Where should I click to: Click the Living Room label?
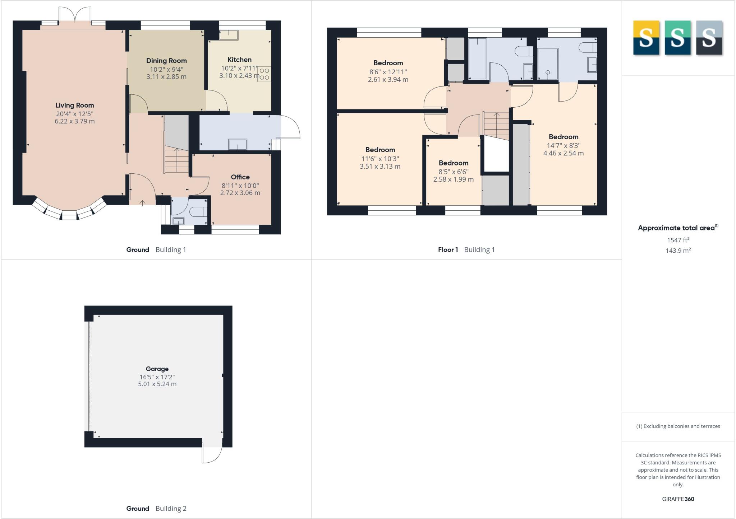(x=75, y=105)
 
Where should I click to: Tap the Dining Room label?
(x=166, y=61)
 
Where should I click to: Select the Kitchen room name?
(x=239, y=60)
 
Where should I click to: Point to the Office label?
(x=240, y=177)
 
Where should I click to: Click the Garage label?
(x=157, y=369)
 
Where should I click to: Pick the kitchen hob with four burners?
(x=264, y=74)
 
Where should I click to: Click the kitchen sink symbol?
(x=229, y=35)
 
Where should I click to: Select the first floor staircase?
(x=496, y=126)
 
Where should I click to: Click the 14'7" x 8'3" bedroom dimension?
(x=563, y=145)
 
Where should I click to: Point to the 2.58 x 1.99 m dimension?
(x=453, y=179)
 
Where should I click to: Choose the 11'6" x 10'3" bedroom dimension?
(x=380, y=158)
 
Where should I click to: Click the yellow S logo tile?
(x=646, y=38)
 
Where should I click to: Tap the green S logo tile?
(x=677, y=38)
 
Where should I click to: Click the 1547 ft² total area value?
(x=678, y=240)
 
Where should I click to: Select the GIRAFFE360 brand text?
(x=678, y=499)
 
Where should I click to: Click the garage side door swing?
(x=212, y=454)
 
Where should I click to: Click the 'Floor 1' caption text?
(x=448, y=250)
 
